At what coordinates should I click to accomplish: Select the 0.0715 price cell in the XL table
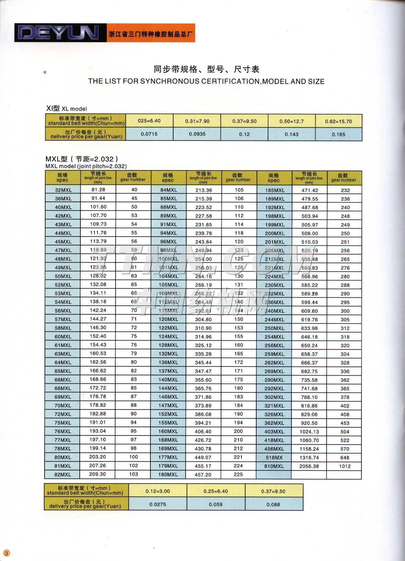click(x=149, y=134)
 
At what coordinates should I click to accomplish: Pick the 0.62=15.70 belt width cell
click(x=338, y=121)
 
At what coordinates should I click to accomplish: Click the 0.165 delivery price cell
click(x=338, y=134)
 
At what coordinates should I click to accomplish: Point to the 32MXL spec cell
click(x=63, y=190)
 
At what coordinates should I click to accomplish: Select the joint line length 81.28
click(x=98, y=189)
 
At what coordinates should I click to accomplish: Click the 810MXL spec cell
click(x=274, y=466)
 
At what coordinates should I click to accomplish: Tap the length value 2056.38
click(x=309, y=466)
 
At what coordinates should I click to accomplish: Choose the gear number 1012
click(x=345, y=466)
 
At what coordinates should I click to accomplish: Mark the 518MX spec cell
click(x=274, y=457)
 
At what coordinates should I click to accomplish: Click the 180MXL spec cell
click(x=168, y=474)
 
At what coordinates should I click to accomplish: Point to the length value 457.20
click(x=203, y=474)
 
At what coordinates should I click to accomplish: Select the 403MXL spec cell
click(x=274, y=432)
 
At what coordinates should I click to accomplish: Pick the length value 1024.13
click(x=309, y=432)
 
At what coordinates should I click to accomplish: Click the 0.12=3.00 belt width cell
click(x=158, y=491)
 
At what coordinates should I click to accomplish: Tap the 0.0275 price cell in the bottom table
click(x=158, y=504)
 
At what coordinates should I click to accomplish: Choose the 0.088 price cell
click(x=273, y=504)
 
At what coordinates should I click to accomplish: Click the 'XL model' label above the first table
click(x=74, y=109)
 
